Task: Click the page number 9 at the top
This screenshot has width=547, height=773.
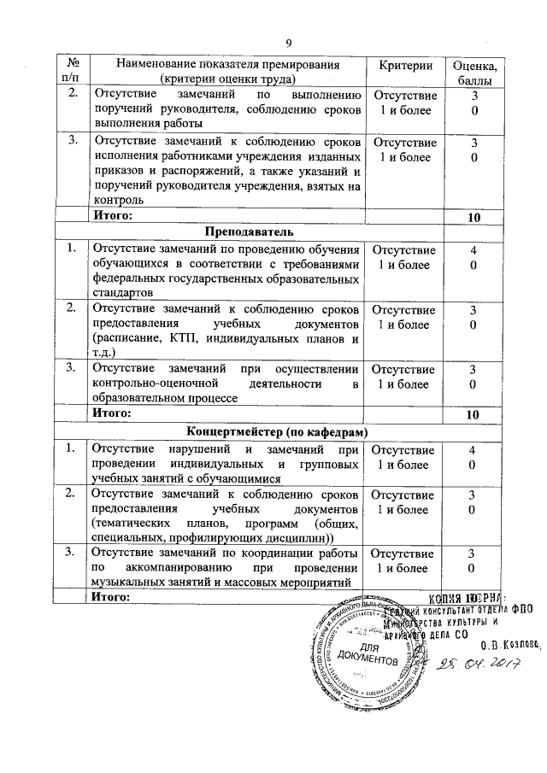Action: point(288,44)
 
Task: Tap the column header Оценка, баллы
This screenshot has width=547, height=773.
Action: point(473,72)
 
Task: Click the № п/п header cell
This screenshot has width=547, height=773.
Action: point(72,72)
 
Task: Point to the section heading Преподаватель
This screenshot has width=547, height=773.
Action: point(250,232)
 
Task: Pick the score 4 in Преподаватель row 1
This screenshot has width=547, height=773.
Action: point(473,249)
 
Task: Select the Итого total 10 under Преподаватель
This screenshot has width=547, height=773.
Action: point(473,414)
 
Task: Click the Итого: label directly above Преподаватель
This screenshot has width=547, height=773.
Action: point(112,216)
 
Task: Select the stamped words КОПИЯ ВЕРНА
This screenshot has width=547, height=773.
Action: point(466,598)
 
